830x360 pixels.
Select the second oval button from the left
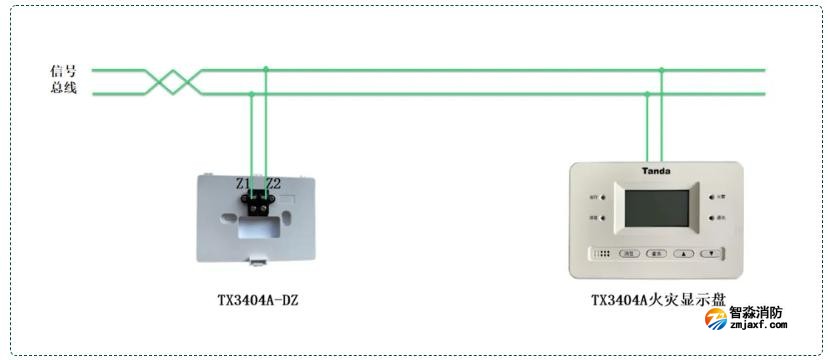pyautogui.click(x=656, y=254)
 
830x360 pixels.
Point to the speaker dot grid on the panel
pyautogui.click(x=602, y=254)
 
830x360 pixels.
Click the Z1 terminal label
pyautogui.click(x=243, y=183)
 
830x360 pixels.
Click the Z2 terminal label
pyautogui.click(x=274, y=183)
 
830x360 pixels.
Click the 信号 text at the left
pyautogui.click(x=64, y=71)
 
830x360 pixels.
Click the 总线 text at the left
pyautogui.click(x=64, y=88)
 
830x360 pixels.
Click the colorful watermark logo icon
pyautogui.click(x=715, y=319)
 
